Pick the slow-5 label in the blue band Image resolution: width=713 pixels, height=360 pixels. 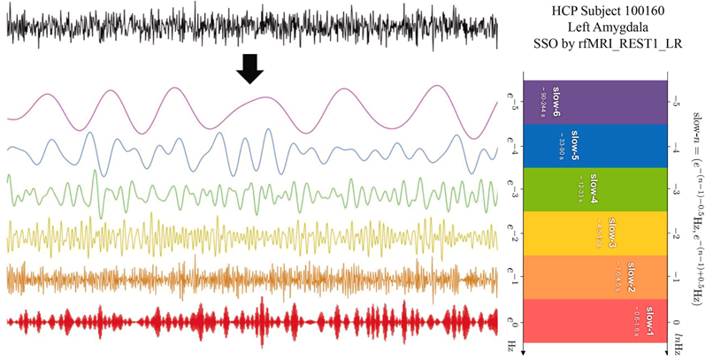[x=575, y=144]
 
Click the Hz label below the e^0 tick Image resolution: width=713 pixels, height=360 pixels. [x=511, y=344]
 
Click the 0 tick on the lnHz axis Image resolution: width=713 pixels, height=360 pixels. [x=676, y=323]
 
